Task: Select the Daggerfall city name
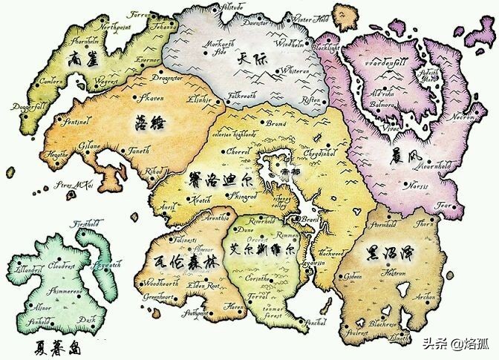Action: point(27,108)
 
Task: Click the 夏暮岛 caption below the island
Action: point(56,347)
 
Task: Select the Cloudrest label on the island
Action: point(58,264)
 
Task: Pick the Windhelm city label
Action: point(289,44)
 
